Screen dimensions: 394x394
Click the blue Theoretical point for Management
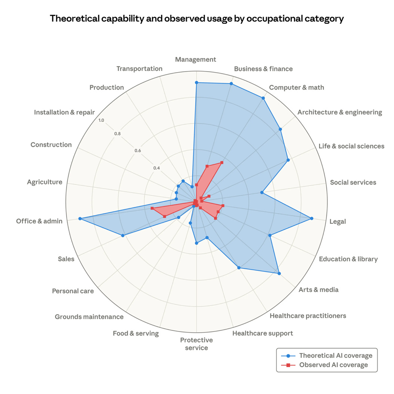(x=196, y=83)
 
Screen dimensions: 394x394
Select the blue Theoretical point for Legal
(x=312, y=218)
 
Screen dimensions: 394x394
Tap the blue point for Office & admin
(x=80, y=218)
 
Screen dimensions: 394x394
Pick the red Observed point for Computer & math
(x=222, y=162)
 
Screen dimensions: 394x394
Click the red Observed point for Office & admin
(x=152, y=208)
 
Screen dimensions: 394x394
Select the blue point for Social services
(x=262, y=193)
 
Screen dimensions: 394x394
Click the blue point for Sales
(x=123, y=235)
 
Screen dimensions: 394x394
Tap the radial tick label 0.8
(x=118, y=134)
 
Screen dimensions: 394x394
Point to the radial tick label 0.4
(x=156, y=168)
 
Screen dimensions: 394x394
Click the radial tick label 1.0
(x=101, y=120)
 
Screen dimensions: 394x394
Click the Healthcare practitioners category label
(x=308, y=316)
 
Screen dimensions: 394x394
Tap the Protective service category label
(x=196, y=344)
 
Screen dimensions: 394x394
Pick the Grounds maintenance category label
(x=89, y=317)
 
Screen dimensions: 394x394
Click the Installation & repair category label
(x=65, y=112)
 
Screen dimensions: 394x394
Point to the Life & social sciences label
(x=351, y=146)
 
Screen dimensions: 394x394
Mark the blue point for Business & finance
(x=231, y=84)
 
